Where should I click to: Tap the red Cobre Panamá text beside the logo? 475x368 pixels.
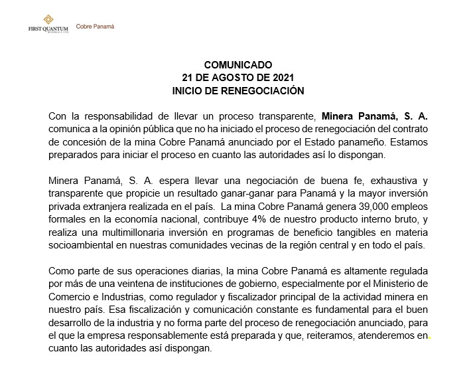tap(96, 27)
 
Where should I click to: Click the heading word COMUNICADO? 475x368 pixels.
tap(237, 65)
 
